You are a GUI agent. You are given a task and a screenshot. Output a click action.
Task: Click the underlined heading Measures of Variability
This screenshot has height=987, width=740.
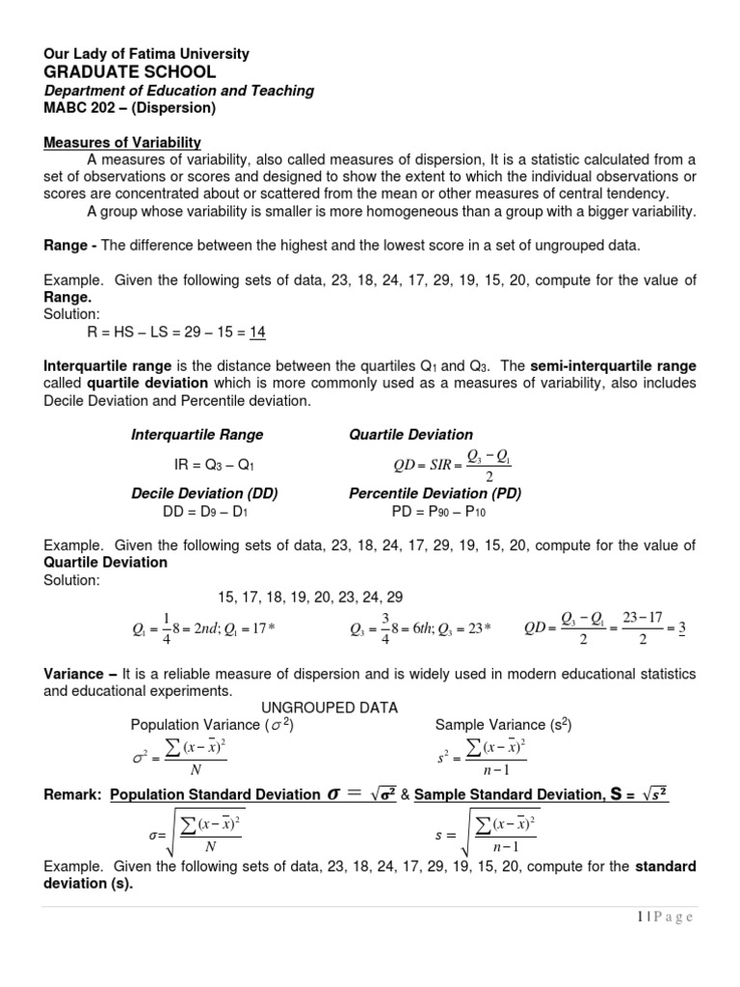[121, 142]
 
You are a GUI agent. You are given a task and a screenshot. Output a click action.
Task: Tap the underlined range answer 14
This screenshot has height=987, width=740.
[256, 333]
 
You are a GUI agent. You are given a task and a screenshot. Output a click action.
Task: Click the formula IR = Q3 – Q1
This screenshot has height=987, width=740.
[214, 465]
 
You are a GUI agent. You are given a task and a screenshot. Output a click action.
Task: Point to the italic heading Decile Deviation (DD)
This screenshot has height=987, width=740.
[204, 493]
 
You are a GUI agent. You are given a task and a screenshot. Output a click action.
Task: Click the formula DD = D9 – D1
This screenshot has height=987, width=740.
[206, 512]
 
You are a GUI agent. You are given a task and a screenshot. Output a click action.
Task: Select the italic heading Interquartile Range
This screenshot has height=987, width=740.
[197, 435]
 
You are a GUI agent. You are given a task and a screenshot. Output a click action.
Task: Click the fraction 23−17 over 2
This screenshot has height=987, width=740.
[642, 627]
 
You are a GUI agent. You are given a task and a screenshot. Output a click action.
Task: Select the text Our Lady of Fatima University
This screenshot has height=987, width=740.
[146, 54]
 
